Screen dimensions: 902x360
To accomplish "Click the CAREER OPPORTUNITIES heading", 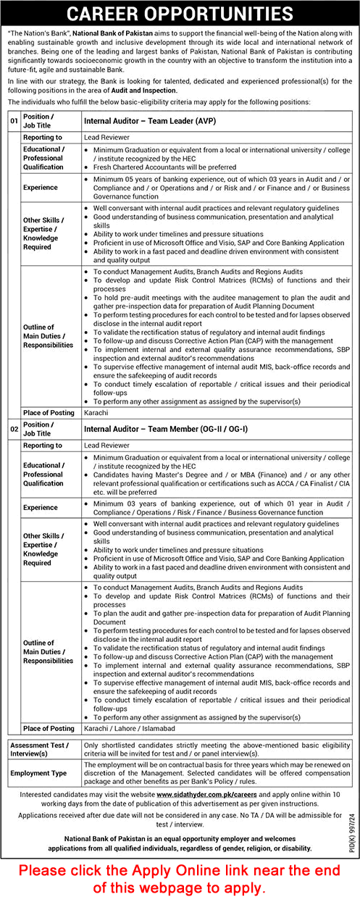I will tap(180, 13).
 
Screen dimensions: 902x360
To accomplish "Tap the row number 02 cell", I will tap(14, 429).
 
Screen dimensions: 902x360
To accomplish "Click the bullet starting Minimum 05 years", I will tap(217, 181).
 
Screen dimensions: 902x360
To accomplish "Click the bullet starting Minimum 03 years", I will tap(217, 507).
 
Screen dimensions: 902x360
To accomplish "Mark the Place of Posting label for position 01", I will tap(48, 412).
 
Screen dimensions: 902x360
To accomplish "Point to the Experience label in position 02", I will tap(41, 508).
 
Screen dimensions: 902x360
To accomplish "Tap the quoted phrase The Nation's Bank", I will tap(37, 33).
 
